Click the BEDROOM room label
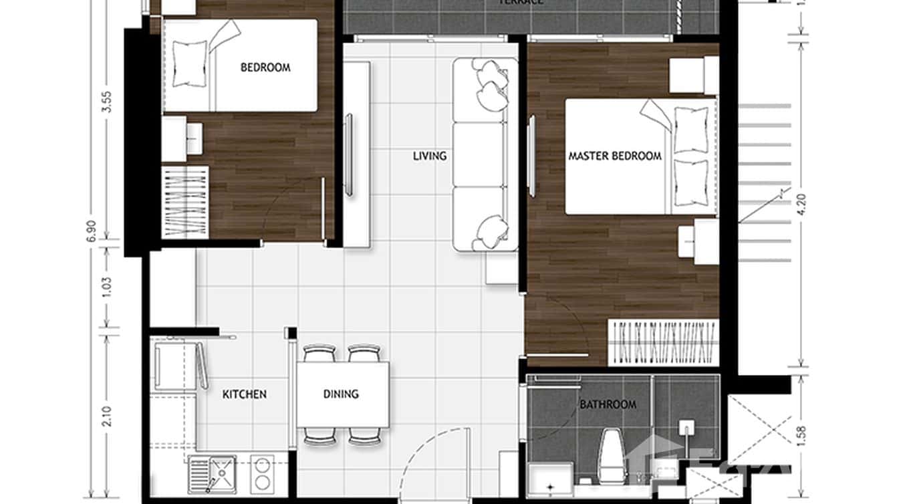tap(265, 67)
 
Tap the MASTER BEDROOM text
tap(615, 156)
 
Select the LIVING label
tap(429, 156)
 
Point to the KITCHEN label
tap(245, 394)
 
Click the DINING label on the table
tap(341, 394)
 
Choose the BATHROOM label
tap(608, 404)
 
